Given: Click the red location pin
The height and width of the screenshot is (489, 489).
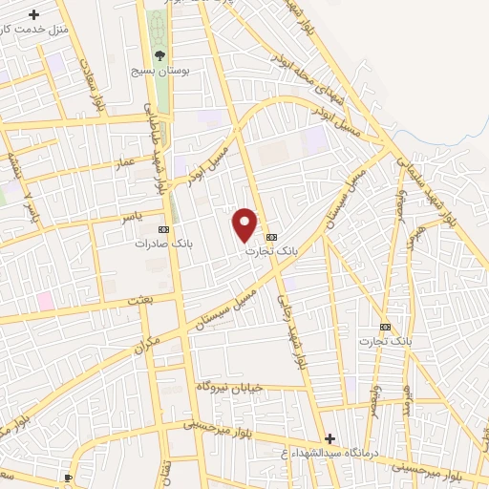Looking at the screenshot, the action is [x=245, y=223].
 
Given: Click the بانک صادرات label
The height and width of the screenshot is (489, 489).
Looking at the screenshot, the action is [x=163, y=243].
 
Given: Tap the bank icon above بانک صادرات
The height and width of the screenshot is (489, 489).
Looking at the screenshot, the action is [x=163, y=229].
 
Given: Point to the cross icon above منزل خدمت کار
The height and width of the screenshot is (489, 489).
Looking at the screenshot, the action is [x=34, y=14].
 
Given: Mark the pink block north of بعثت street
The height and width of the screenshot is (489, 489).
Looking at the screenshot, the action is [x=45, y=301].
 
